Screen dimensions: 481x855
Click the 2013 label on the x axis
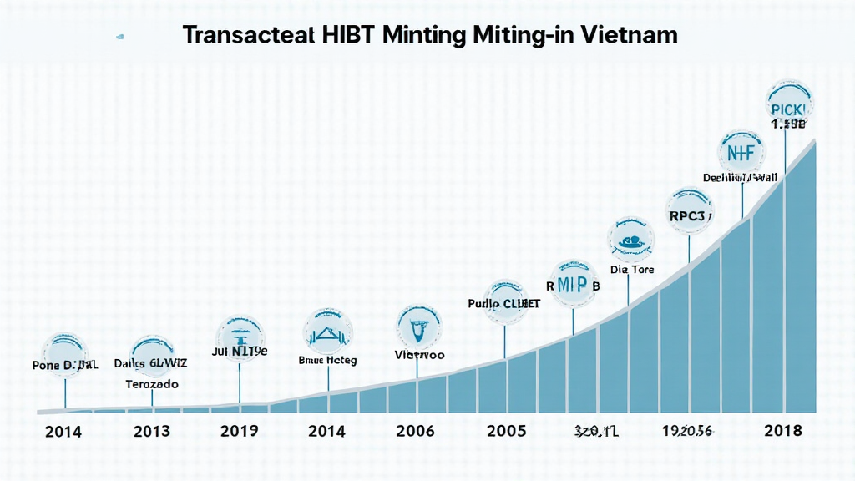pyautogui.click(x=151, y=431)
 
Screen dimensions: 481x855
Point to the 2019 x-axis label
pyautogui.click(x=239, y=431)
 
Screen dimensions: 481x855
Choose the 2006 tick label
pyautogui.click(x=415, y=431)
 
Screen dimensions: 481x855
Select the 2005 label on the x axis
pyautogui.click(x=505, y=431)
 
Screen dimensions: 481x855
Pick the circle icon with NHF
pyautogui.click(x=740, y=153)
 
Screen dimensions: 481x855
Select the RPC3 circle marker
pyautogui.click(x=689, y=213)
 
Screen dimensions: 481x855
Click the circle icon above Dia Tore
pyautogui.click(x=631, y=239)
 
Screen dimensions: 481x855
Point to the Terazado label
pyautogui.click(x=152, y=384)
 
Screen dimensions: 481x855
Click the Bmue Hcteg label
pyautogui.click(x=327, y=361)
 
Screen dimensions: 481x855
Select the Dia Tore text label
pyautogui.click(x=632, y=270)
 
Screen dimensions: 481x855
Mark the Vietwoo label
pyautogui.click(x=419, y=355)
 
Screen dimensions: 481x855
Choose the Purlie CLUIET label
pyautogui.click(x=503, y=304)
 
